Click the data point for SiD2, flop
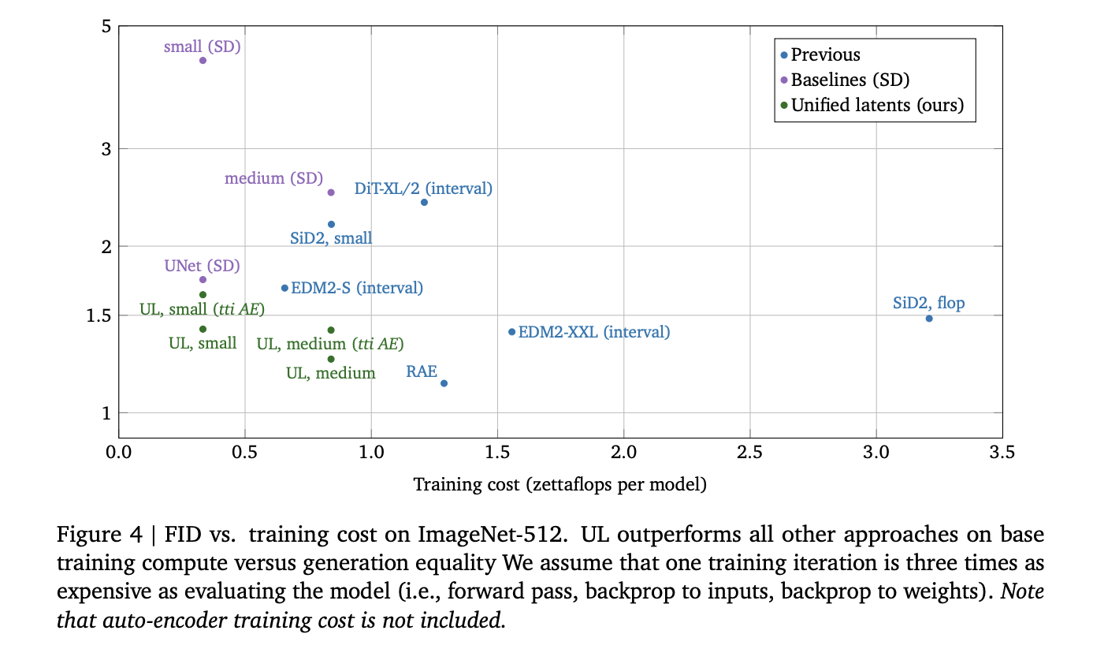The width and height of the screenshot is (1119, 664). (929, 319)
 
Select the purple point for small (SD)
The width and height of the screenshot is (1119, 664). (203, 61)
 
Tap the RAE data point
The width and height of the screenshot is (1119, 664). (444, 383)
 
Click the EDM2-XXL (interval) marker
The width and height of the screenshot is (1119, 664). (511, 332)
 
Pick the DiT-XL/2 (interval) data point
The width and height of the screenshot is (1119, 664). (424, 203)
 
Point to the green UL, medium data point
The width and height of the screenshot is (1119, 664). (331, 359)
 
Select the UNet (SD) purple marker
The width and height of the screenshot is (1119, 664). (203, 279)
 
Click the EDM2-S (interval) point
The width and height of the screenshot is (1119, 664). (284, 288)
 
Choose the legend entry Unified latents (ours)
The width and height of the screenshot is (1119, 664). (877, 105)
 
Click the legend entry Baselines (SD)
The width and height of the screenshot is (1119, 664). (849, 80)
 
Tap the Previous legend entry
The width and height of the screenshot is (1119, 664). (825, 54)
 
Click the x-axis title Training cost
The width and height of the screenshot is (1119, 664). (559, 484)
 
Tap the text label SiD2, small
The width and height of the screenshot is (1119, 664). (331, 238)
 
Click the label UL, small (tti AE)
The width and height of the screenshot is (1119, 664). (202, 309)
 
